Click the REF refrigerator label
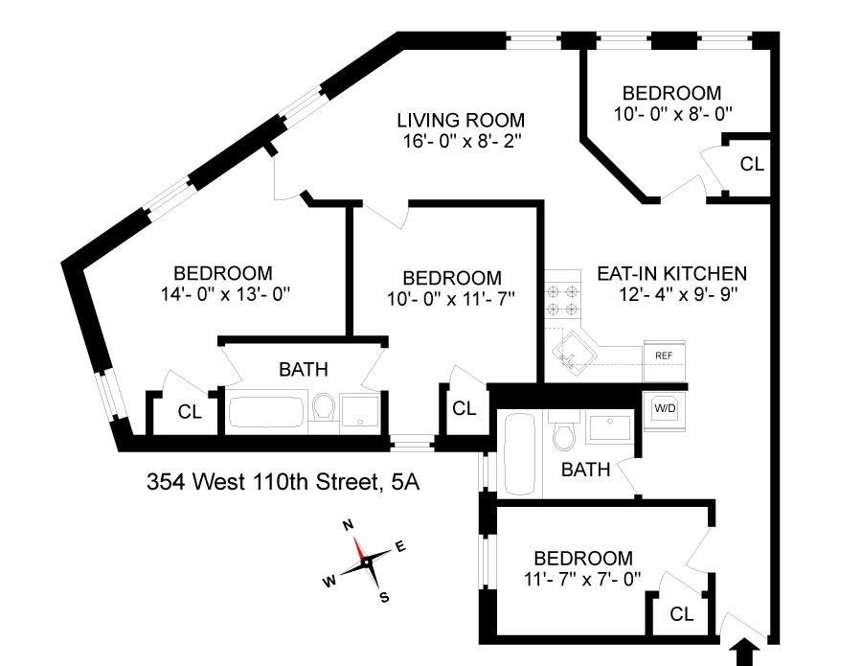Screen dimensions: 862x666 [x=663, y=356]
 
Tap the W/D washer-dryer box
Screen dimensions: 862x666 [x=664, y=407]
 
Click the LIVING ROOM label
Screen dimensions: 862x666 [x=461, y=121]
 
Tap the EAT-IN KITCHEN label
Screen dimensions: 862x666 [x=671, y=272]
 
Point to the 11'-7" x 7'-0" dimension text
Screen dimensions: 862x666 [x=582, y=579]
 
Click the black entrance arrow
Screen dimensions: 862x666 [x=741, y=655]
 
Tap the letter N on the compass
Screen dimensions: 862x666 [x=349, y=525]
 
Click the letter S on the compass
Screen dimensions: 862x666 [x=384, y=597]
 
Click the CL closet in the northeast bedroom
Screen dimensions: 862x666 [x=752, y=164]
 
